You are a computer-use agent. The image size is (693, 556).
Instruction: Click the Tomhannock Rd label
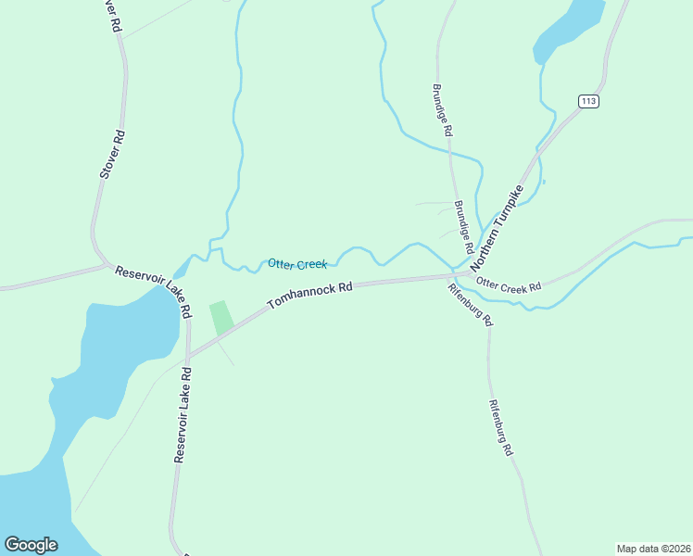[x=310, y=296]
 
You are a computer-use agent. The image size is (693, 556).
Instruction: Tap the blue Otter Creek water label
[x=297, y=264]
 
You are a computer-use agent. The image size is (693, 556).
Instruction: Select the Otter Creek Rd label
[x=508, y=285]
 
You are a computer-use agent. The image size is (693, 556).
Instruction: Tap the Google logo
[x=31, y=544]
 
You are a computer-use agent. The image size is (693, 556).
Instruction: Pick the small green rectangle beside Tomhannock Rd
[x=220, y=318]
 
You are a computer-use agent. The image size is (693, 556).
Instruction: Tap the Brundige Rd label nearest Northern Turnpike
[x=463, y=228]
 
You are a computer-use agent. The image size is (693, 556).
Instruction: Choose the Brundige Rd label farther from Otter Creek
[x=441, y=109]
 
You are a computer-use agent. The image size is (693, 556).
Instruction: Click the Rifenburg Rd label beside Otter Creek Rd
[x=470, y=303]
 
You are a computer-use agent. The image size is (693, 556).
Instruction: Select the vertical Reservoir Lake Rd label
[x=182, y=414]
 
